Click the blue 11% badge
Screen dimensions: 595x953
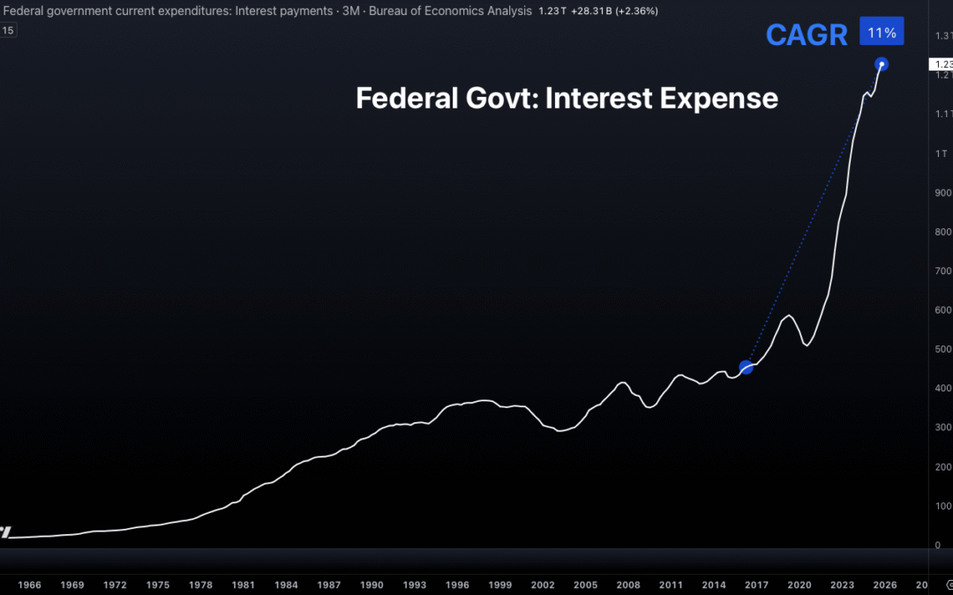pos(882,32)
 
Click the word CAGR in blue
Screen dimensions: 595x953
pos(807,34)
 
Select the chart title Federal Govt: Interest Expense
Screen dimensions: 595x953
pos(567,98)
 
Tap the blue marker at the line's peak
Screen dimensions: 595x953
pos(881,64)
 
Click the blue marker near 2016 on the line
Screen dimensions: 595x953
pos(747,367)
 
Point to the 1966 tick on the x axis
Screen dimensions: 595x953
pos(29,584)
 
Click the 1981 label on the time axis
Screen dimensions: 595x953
pos(244,584)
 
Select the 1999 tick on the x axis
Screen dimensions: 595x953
pos(500,584)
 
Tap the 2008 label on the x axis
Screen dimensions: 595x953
pos(628,584)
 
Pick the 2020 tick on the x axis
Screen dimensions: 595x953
pos(799,584)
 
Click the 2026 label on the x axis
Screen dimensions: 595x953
pos(885,584)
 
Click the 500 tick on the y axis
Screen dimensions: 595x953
pos(943,350)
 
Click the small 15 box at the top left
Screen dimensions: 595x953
pos(9,30)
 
